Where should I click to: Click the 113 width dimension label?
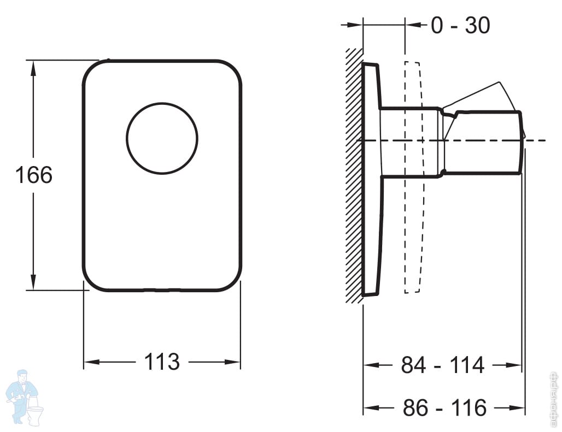[162, 362]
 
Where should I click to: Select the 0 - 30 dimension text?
[460, 25]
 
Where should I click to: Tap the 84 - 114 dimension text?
[443, 365]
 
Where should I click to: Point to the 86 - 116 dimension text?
[444, 407]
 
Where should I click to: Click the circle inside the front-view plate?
[162, 138]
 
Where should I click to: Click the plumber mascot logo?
[22, 396]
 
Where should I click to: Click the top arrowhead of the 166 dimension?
[34, 66]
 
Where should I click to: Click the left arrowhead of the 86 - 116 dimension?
[370, 407]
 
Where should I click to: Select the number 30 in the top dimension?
[477, 25]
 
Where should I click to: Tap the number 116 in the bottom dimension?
[470, 407]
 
